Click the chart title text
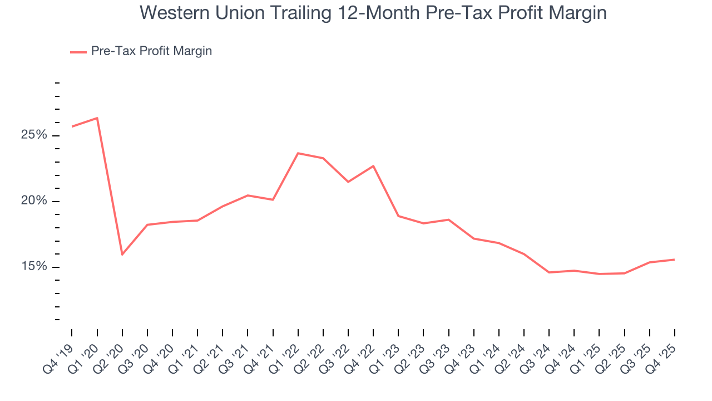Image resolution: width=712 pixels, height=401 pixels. [373, 12]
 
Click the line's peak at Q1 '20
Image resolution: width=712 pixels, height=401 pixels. [97, 118]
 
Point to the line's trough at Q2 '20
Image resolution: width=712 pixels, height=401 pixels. [122, 255]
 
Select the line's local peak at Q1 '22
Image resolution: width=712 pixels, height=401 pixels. [298, 153]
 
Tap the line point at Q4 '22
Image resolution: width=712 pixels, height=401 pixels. [373, 166]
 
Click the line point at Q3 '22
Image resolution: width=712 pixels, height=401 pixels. [348, 182]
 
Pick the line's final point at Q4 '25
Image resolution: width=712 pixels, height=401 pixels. [675, 260]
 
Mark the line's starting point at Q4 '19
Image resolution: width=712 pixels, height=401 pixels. [72, 126]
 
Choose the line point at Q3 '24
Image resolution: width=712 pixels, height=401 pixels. [549, 272]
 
